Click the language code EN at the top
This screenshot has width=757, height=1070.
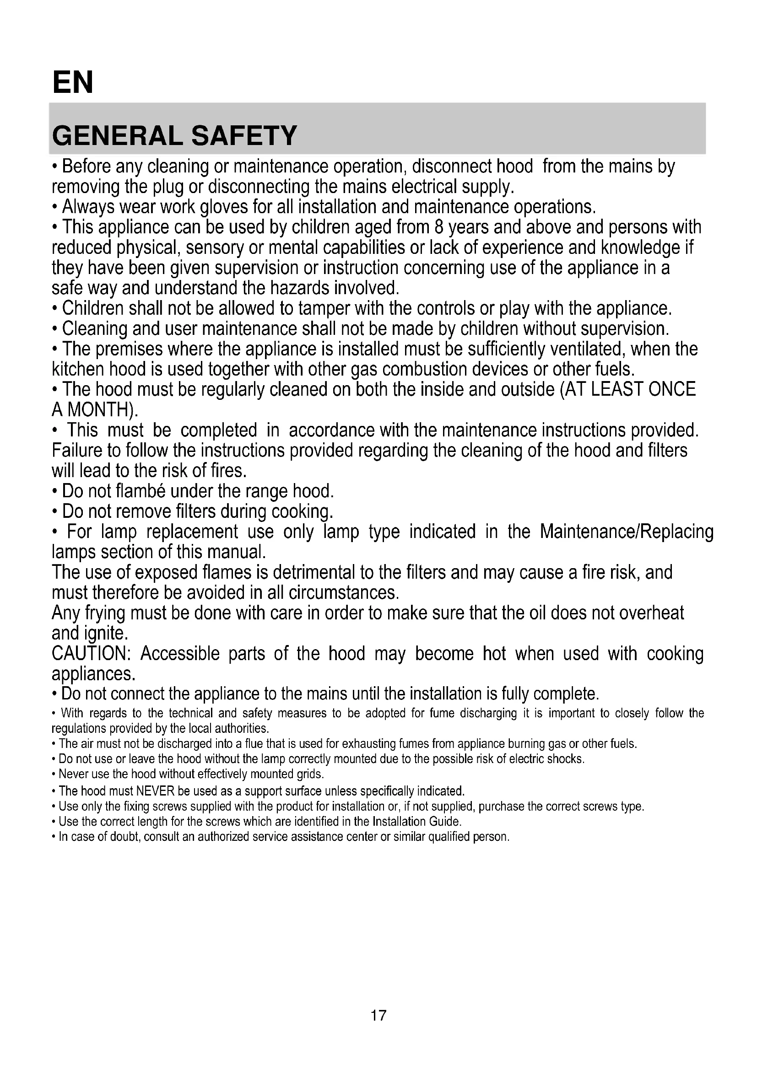coord(73,82)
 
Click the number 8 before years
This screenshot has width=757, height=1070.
coord(438,227)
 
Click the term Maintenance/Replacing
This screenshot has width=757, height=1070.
coord(627,532)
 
